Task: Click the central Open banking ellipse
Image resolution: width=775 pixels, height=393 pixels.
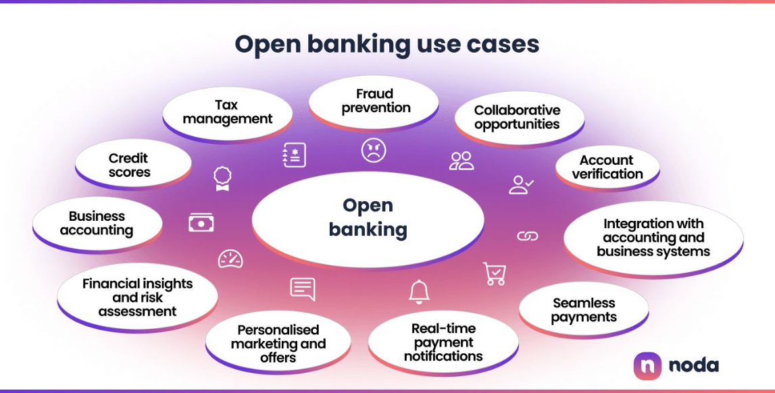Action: [x=368, y=218]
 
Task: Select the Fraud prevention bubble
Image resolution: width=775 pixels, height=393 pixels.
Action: [x=376, y=101]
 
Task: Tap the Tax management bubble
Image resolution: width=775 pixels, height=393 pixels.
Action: [x=227, y=112]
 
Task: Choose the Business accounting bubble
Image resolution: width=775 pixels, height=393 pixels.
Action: [x=97, y=224]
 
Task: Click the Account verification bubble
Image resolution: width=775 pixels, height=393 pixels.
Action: [x=607, y=167]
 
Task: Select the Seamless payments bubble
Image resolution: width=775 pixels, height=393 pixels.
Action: [x=584, y=310]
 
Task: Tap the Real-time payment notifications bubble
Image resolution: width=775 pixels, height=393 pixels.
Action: [x=443, y=342]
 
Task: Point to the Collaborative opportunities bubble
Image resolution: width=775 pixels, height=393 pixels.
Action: [x=518, y=117]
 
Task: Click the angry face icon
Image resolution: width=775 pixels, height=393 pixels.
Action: [x=373, y=150]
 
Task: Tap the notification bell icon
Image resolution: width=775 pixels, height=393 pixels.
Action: [x=419, y=291]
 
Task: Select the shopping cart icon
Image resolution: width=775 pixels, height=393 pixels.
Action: [x=495, y=273]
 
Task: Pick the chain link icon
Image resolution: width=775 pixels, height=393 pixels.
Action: [x=527, y=236]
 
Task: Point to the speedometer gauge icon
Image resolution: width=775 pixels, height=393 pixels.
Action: [x=230, y=259]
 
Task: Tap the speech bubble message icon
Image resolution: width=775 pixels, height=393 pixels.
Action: [x=303, y=288]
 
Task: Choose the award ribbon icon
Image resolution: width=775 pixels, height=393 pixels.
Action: [x=222, y=178]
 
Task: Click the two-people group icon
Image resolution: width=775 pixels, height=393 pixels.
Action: [x=461, y=161]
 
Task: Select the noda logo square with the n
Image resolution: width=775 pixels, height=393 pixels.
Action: [x=647, y=365]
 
